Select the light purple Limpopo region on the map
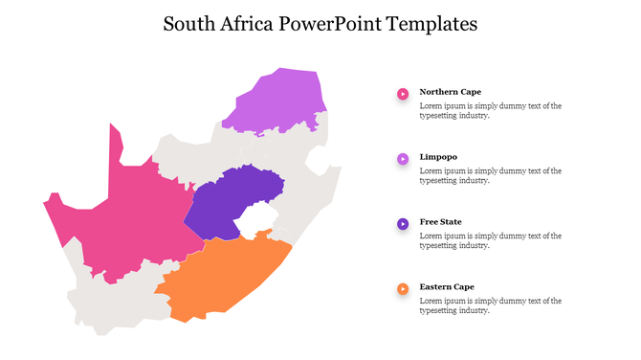277,101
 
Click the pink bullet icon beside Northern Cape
403,94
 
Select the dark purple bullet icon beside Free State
403,224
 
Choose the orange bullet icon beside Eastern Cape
403,288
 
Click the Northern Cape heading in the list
450,92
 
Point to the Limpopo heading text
438,157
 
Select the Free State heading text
440,222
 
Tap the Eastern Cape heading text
447,286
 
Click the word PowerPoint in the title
331,24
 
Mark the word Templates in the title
431,24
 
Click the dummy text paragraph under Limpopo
490,175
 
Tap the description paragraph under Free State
490,240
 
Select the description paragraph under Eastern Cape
490,305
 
